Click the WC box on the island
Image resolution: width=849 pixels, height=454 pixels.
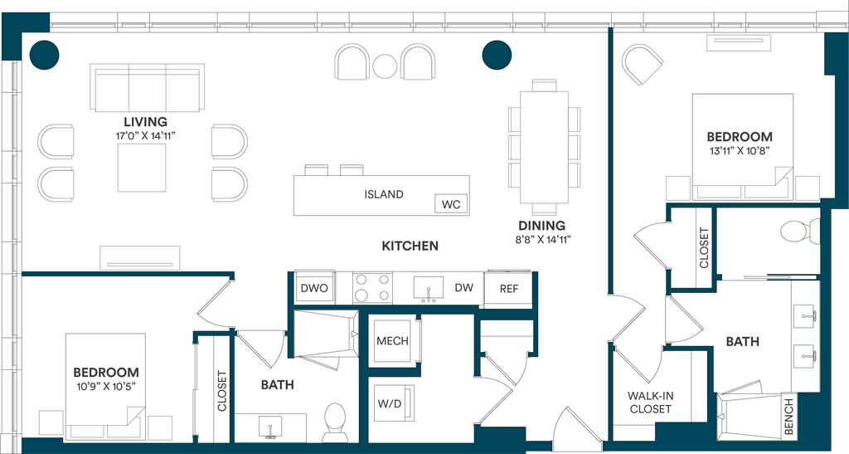[451, 204]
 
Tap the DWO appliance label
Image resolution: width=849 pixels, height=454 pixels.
[314, 288]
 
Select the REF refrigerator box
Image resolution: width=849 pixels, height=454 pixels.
[509, 289]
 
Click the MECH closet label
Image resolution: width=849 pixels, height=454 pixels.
[392, 341]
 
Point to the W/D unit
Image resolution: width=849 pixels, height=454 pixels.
[392, 403]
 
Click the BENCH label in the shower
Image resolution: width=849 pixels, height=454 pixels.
[789, 416]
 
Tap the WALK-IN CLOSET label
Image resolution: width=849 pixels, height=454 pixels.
[650, 403]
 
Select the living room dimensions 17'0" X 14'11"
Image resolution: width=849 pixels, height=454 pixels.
[146, 136]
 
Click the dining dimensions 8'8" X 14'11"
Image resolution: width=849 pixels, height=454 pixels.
[542, 239]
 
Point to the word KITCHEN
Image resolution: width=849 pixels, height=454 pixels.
[410, 246]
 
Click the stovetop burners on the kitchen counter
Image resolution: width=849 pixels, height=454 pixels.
[371, 288]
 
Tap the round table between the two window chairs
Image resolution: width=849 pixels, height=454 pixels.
[385, 66]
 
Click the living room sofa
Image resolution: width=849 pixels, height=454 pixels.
[148, 88]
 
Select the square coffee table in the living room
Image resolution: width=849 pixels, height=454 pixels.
[142, 168]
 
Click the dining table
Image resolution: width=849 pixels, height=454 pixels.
[544, 147]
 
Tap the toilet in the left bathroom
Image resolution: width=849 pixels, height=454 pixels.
[333, 422]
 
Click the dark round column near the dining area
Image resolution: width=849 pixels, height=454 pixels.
[497, 55]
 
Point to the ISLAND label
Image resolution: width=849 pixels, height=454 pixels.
[384, 194]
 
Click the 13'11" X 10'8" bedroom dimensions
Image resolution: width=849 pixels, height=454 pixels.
[740, 151]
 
